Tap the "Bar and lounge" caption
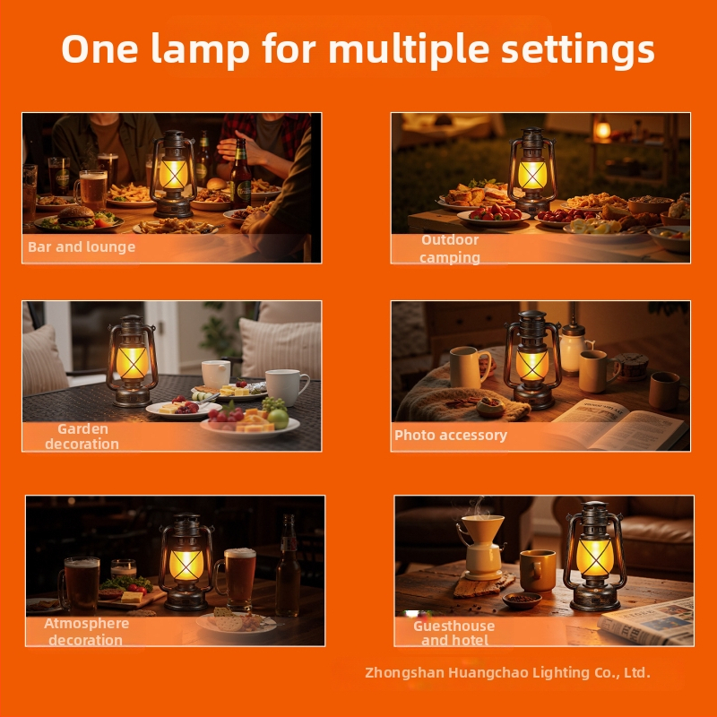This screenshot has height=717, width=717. [82, 246]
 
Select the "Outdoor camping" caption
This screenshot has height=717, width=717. [450, 249]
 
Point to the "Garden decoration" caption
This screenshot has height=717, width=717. [82, 436]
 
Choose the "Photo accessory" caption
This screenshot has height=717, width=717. [451, 436]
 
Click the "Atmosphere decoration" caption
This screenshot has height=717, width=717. [86, 631]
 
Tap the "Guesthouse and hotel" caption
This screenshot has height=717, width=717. [454, 633]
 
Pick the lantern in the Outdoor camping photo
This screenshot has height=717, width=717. [531, 170]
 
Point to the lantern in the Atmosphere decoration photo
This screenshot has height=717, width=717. [186, 562]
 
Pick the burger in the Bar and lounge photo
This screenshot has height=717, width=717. [77, 216]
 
